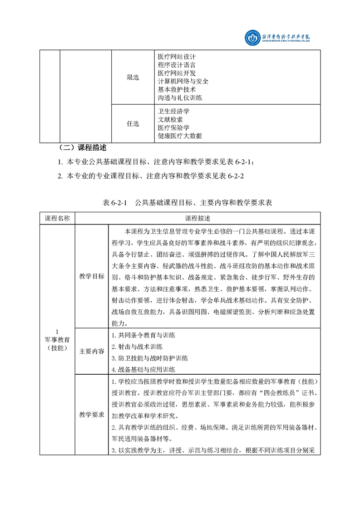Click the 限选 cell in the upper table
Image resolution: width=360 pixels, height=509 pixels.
133,78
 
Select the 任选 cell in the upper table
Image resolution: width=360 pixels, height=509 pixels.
133,124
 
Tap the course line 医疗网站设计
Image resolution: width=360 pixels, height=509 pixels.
176,57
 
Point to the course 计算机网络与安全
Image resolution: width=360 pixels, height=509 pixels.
183,81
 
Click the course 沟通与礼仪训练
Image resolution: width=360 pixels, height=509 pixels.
180,98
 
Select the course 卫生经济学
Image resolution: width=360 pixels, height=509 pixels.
173,111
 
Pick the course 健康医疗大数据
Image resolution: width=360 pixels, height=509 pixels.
180,136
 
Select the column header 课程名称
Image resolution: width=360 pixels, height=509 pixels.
57,218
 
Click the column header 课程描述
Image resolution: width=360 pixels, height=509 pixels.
197,218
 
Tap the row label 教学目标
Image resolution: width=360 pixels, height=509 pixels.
92,276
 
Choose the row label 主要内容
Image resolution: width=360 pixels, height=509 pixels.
92,351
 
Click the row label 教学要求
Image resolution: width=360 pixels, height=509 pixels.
92,414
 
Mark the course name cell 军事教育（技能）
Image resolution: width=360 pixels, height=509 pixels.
57,339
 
